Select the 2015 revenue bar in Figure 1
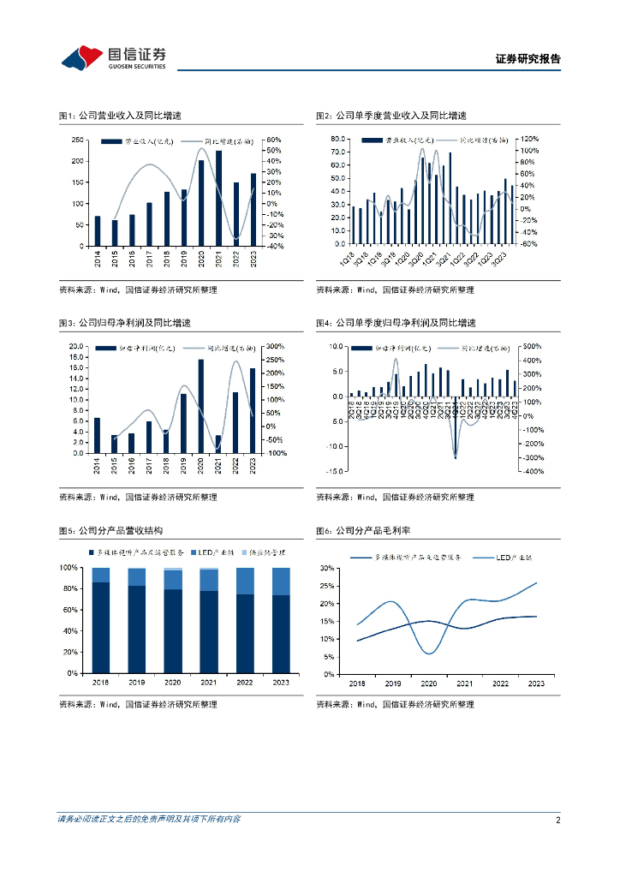[115, 233]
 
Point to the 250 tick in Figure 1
[77, 140]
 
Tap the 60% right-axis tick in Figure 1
[274, 140]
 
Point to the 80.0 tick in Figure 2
[337, 139]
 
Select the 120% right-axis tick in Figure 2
[530, 139]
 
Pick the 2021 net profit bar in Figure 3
[218, 444]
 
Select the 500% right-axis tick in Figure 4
[532, 346]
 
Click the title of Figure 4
[395, 323]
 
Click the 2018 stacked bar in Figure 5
[101, 620]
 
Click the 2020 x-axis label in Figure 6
[428, 683]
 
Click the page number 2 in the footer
[557, 820]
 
